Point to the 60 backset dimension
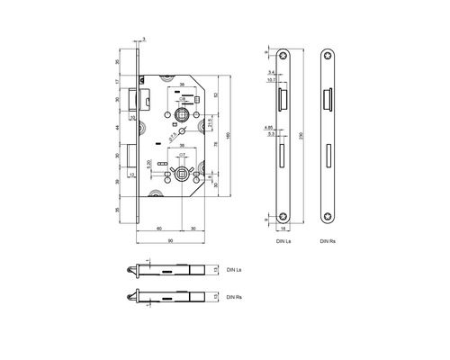[x=159, y=229]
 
